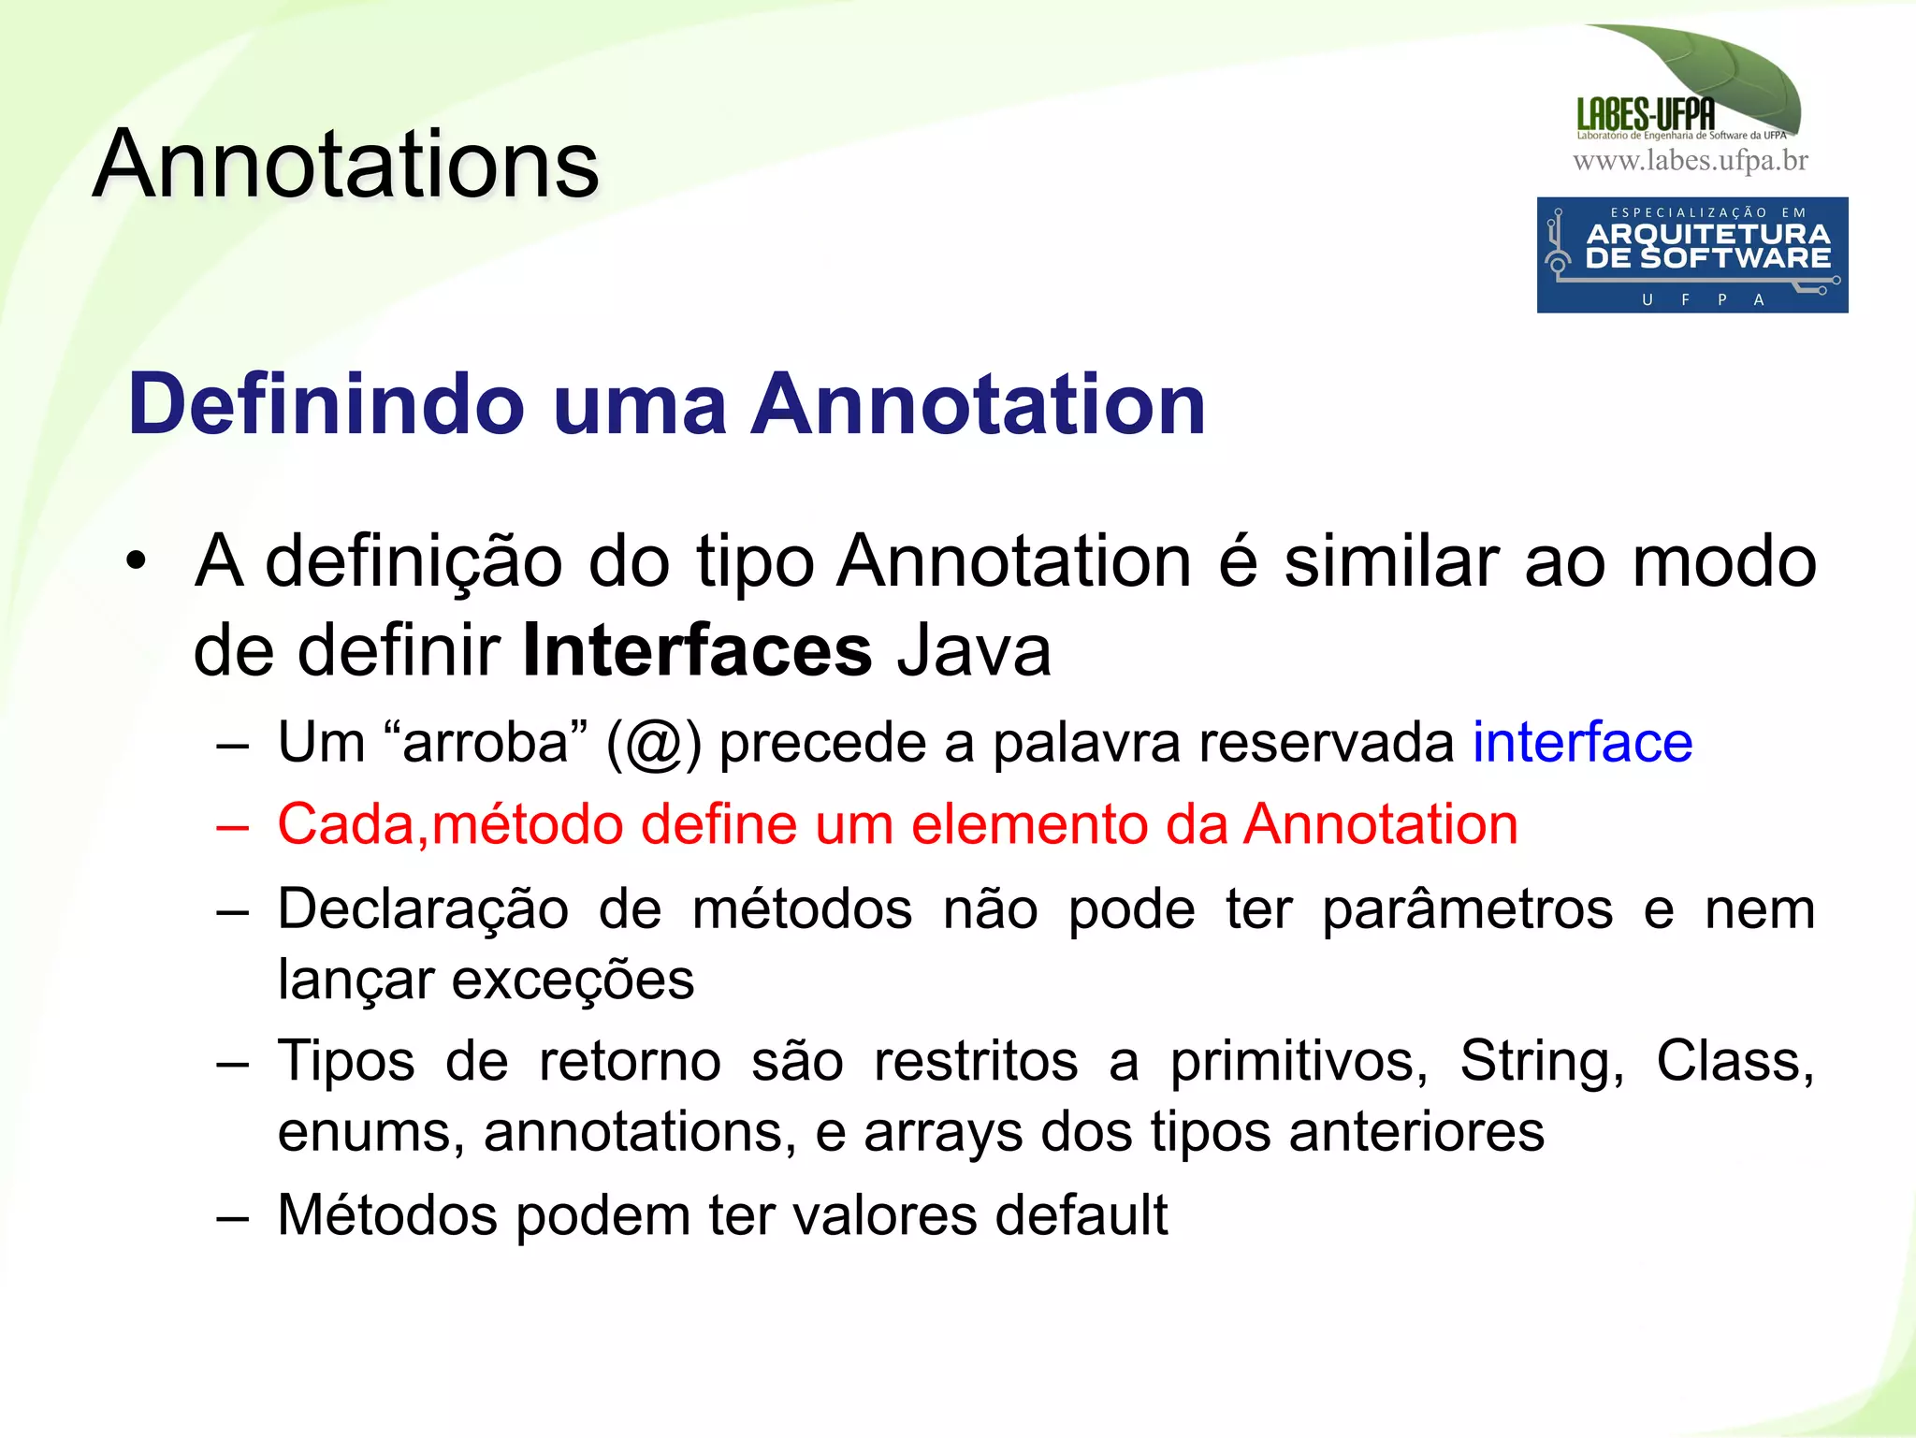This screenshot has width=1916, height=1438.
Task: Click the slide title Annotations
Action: tap(346, 165)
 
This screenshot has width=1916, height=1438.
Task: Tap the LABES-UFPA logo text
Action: tap(1646, 115)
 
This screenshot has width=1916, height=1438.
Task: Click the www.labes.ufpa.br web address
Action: tap(1690, 161)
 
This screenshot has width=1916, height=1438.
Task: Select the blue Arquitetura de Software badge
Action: tap(1691, 254)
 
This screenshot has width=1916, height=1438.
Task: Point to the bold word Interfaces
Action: tap(697, 650)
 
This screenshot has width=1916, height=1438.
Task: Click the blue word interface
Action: tap(1582, 743)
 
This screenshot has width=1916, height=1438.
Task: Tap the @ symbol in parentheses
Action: tap(653, 745)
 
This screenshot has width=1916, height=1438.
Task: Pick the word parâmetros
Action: tap(1467, 910)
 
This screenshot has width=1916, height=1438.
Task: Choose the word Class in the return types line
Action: tap(1734, 1062)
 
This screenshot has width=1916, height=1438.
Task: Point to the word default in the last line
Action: tap(1081, 1215)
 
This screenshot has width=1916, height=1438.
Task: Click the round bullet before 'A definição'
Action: tap(137, 562)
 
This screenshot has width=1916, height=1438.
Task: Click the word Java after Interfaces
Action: tap(974, 650)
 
